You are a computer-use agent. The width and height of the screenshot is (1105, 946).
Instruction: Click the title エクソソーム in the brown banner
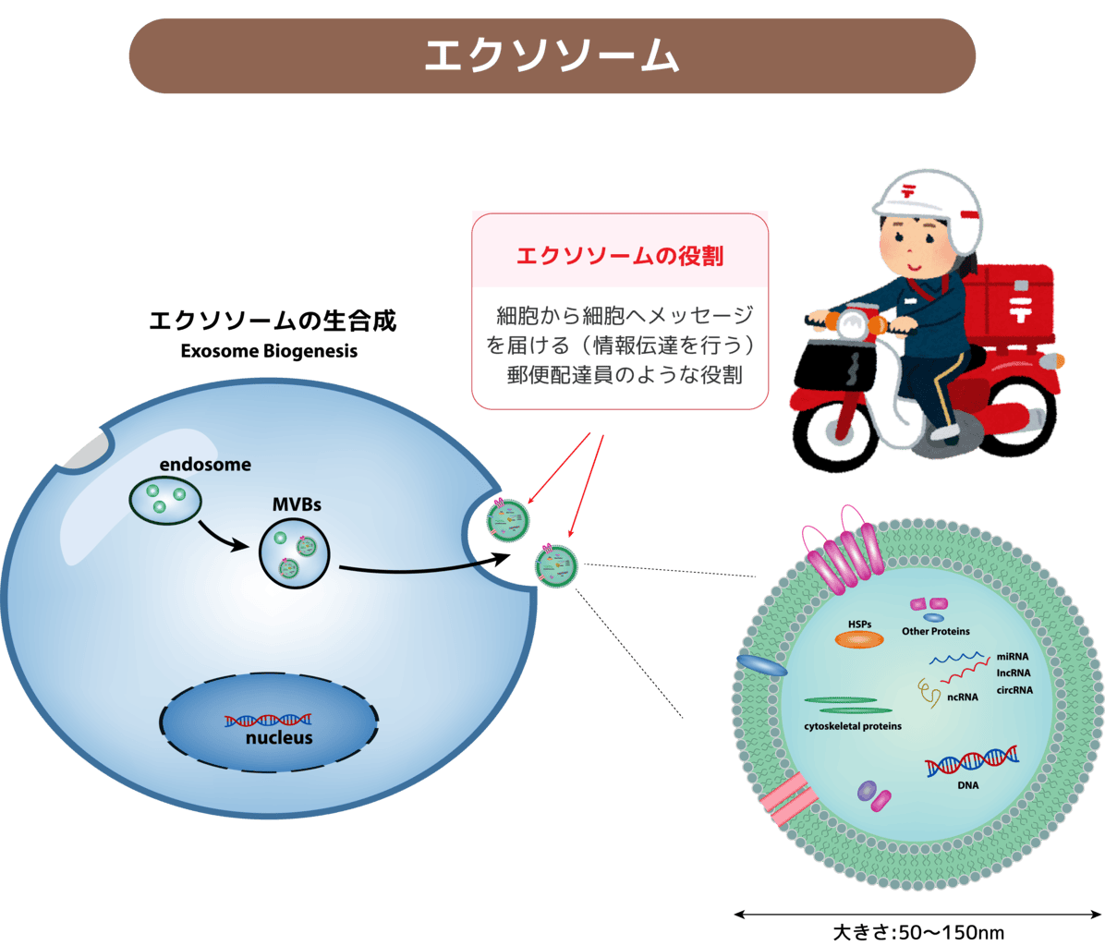(x=552, y=55)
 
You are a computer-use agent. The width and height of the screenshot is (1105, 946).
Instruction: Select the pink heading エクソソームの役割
(x=619, y=256)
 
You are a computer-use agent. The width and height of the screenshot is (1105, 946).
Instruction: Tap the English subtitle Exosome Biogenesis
(x=269, y=352)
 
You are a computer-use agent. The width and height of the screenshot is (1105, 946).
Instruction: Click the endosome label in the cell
(x=204, y=465)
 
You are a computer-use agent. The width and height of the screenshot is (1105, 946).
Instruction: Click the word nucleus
(x=279, y=738)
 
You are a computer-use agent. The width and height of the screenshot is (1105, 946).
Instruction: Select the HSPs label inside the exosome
(x=859, y=625)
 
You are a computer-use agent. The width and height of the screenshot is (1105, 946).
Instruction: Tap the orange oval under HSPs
(x=859, y=639)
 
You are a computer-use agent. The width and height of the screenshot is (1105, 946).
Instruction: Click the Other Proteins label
(x=936, y=632)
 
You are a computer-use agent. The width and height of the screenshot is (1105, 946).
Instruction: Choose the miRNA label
(x=1013, y=656)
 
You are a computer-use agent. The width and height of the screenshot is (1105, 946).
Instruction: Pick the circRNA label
(x=1014, y=689)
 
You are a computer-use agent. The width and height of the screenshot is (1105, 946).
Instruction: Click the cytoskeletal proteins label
(x=853, y=726)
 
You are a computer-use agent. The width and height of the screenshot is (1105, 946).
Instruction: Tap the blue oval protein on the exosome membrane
(x=761, y=665)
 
